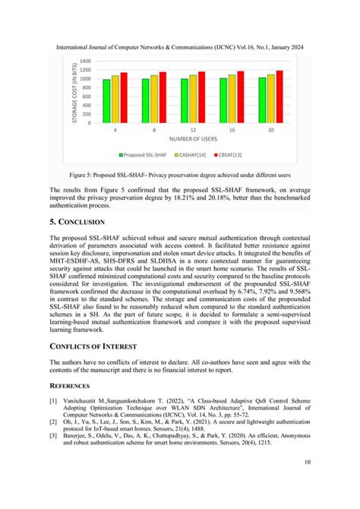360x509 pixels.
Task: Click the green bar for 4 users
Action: (x=107, y=101)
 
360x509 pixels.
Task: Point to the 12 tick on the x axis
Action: (x=193, y=131)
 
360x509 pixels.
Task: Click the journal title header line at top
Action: (x=180, y=46)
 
